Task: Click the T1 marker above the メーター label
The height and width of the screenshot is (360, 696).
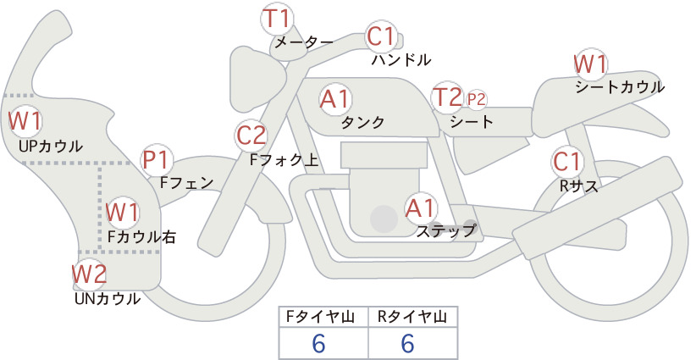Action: click(277, 19)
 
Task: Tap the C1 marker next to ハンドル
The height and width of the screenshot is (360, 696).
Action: click(381, 36)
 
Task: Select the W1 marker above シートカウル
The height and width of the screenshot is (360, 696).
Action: click(590, 64)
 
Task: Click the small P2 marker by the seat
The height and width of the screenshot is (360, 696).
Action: click(475, 100)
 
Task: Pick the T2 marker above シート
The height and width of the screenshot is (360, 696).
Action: click(448, 97)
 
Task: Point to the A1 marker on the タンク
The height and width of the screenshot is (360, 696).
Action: click(335, 98)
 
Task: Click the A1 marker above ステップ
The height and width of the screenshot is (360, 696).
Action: click(421, 208)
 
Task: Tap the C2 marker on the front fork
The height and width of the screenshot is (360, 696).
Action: click(251, 136)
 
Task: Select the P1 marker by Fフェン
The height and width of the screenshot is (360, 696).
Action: click(157, 160)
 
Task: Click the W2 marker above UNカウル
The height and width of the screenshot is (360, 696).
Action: click(89, 274)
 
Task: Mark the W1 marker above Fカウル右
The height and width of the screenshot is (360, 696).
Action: click(122, 212)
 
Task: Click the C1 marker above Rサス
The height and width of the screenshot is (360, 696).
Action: click(566, 162)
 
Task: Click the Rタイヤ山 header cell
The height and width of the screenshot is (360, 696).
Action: click(413, 317)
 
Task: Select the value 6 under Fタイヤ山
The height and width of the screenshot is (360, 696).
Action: click(318, 343)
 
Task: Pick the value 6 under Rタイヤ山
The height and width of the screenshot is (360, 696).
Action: click(407, 343)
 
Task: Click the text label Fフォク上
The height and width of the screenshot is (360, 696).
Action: click(284, 160)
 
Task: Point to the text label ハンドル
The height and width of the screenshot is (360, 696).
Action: click(401, 59)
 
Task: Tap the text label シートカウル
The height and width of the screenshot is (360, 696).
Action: click(620, 87)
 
